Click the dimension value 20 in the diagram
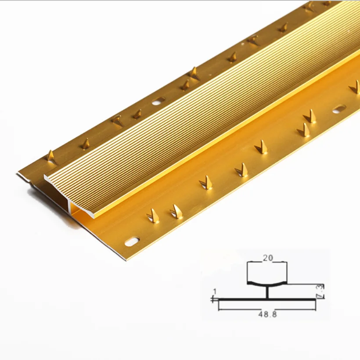[x=267, y=259]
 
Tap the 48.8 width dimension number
[x=268, y=314]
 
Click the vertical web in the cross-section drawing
[x=267, y=292]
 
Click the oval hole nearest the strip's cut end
[x=132, y=241]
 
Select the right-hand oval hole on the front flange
[x=338, y=109]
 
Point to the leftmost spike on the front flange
[x=153, y=216]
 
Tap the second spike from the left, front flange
[x=176, y=212]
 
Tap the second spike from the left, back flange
[x=85, y=144]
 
